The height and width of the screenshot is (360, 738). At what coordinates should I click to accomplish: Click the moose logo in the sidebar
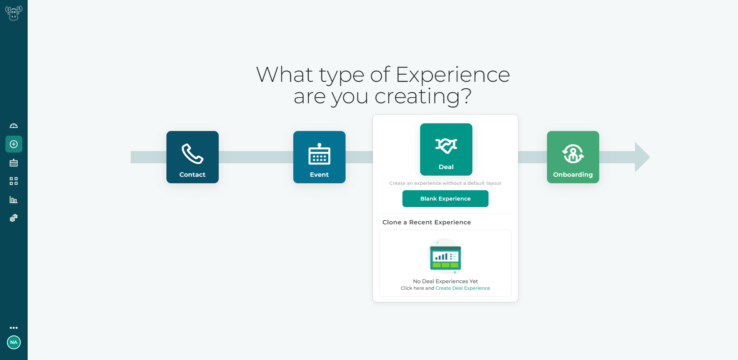point(13,13)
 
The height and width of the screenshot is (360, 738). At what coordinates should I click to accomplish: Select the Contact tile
point(193,157)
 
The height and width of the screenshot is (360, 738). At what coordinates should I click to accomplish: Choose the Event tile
point(319,157)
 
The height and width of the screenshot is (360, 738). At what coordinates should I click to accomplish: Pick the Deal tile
point(446,149)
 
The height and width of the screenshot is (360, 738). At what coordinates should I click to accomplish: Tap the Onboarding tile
point(573,157)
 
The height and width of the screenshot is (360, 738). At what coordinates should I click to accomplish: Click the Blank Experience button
point(445,199)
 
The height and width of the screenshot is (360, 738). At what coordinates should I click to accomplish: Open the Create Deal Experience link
point(463,288)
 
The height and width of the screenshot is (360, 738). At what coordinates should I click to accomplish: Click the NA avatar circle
point(14,342)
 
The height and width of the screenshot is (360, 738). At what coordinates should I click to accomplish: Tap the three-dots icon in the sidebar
point(14,328)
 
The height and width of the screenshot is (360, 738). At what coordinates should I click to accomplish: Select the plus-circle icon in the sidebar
point(14,144)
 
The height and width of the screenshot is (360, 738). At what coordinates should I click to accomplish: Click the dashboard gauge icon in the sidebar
point(14,126)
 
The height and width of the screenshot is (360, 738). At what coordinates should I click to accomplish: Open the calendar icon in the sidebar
point(14,163)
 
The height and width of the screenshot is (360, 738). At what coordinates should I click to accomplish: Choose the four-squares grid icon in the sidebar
point(14,181)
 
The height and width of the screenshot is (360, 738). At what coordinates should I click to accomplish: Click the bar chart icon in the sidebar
point(14,199)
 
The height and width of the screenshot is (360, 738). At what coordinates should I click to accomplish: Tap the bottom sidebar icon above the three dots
point(14,218)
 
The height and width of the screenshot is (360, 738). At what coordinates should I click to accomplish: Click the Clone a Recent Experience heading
point(427,222)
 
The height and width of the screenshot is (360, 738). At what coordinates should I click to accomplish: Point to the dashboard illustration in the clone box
point(445,256)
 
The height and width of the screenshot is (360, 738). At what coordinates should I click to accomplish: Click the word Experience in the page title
point(453,75)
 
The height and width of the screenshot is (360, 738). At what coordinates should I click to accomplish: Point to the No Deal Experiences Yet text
point(445,281)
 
